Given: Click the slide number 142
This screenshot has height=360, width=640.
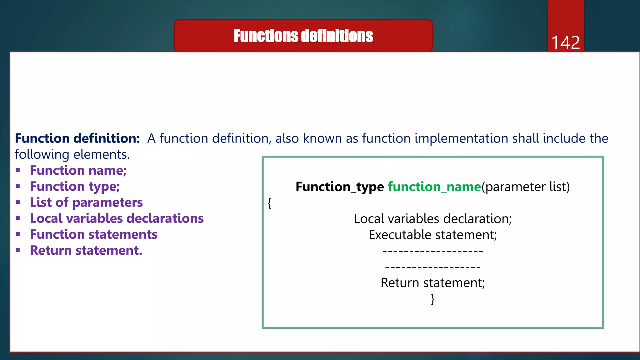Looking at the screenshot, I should click(x=565, y=42).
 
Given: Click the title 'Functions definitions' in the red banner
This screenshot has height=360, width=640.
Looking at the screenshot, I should click(x=303, y=36).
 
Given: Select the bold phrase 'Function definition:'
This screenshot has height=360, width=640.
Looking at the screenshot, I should click(x=77, y=138).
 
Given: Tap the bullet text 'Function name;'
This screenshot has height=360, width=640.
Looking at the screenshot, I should click(x=78, y=171).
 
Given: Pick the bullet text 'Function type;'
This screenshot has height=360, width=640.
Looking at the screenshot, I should click(x=75, y=187).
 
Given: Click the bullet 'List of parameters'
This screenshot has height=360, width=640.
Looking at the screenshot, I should click(x=86, y=202).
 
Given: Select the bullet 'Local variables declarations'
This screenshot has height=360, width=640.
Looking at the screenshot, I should click(x=117, y=218).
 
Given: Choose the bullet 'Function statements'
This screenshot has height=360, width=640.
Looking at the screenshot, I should click(x=93, y=234).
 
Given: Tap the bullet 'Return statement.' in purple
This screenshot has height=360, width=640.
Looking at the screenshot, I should click(x=86, y=251).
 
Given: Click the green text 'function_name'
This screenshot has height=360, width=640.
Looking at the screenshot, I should click(x=434, y=187).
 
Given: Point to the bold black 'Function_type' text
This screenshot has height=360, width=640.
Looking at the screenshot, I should click(x=339, y=187).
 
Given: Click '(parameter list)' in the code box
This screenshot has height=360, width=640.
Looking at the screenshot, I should click(x=526, y=187).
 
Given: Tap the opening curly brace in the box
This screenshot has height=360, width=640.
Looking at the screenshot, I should click(x=269, y=203).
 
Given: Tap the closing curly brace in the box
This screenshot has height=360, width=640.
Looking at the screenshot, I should click(x=432, y=299).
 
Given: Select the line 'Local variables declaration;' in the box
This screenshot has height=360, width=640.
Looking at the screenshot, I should click(x=432, y=219).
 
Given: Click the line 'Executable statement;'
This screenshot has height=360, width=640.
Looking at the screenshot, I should click(x=432, y=235).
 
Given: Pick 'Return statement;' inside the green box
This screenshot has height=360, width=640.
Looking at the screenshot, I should click(x=432, y=283).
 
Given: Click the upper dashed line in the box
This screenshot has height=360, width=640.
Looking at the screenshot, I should click(x=432, y=251).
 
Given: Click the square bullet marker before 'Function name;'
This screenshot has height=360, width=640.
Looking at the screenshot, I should click(x=18, y=170).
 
